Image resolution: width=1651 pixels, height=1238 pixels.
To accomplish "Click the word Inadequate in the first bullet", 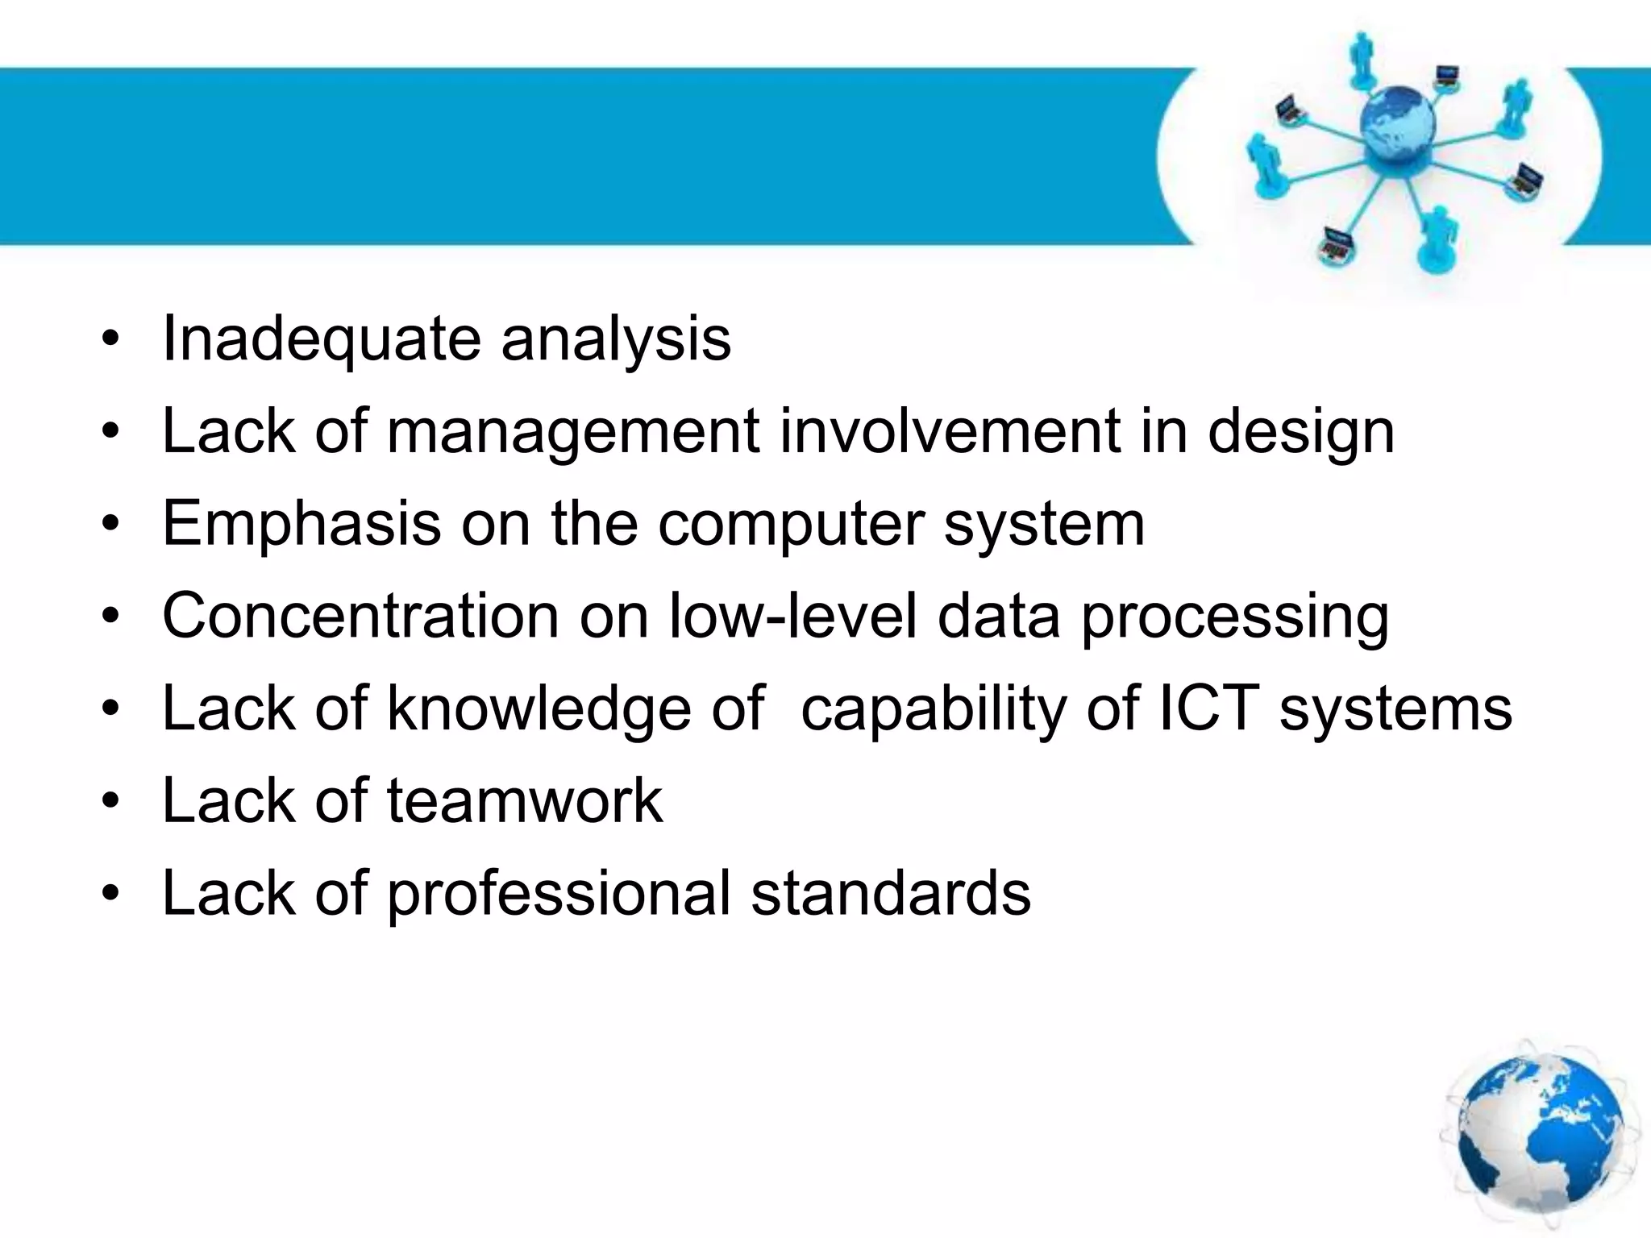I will click(322, 339).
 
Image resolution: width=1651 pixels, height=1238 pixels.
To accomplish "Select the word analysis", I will click(616, 339).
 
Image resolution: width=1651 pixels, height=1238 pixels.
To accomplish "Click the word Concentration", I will click(360, 617).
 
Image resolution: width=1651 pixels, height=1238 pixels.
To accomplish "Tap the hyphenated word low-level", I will click(793, 617).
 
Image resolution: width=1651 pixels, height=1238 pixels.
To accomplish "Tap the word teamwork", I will click(525, 801).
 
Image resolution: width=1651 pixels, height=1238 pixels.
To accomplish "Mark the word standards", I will click(891, 893).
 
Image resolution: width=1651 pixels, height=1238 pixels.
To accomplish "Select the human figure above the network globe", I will click(1362, 60).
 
